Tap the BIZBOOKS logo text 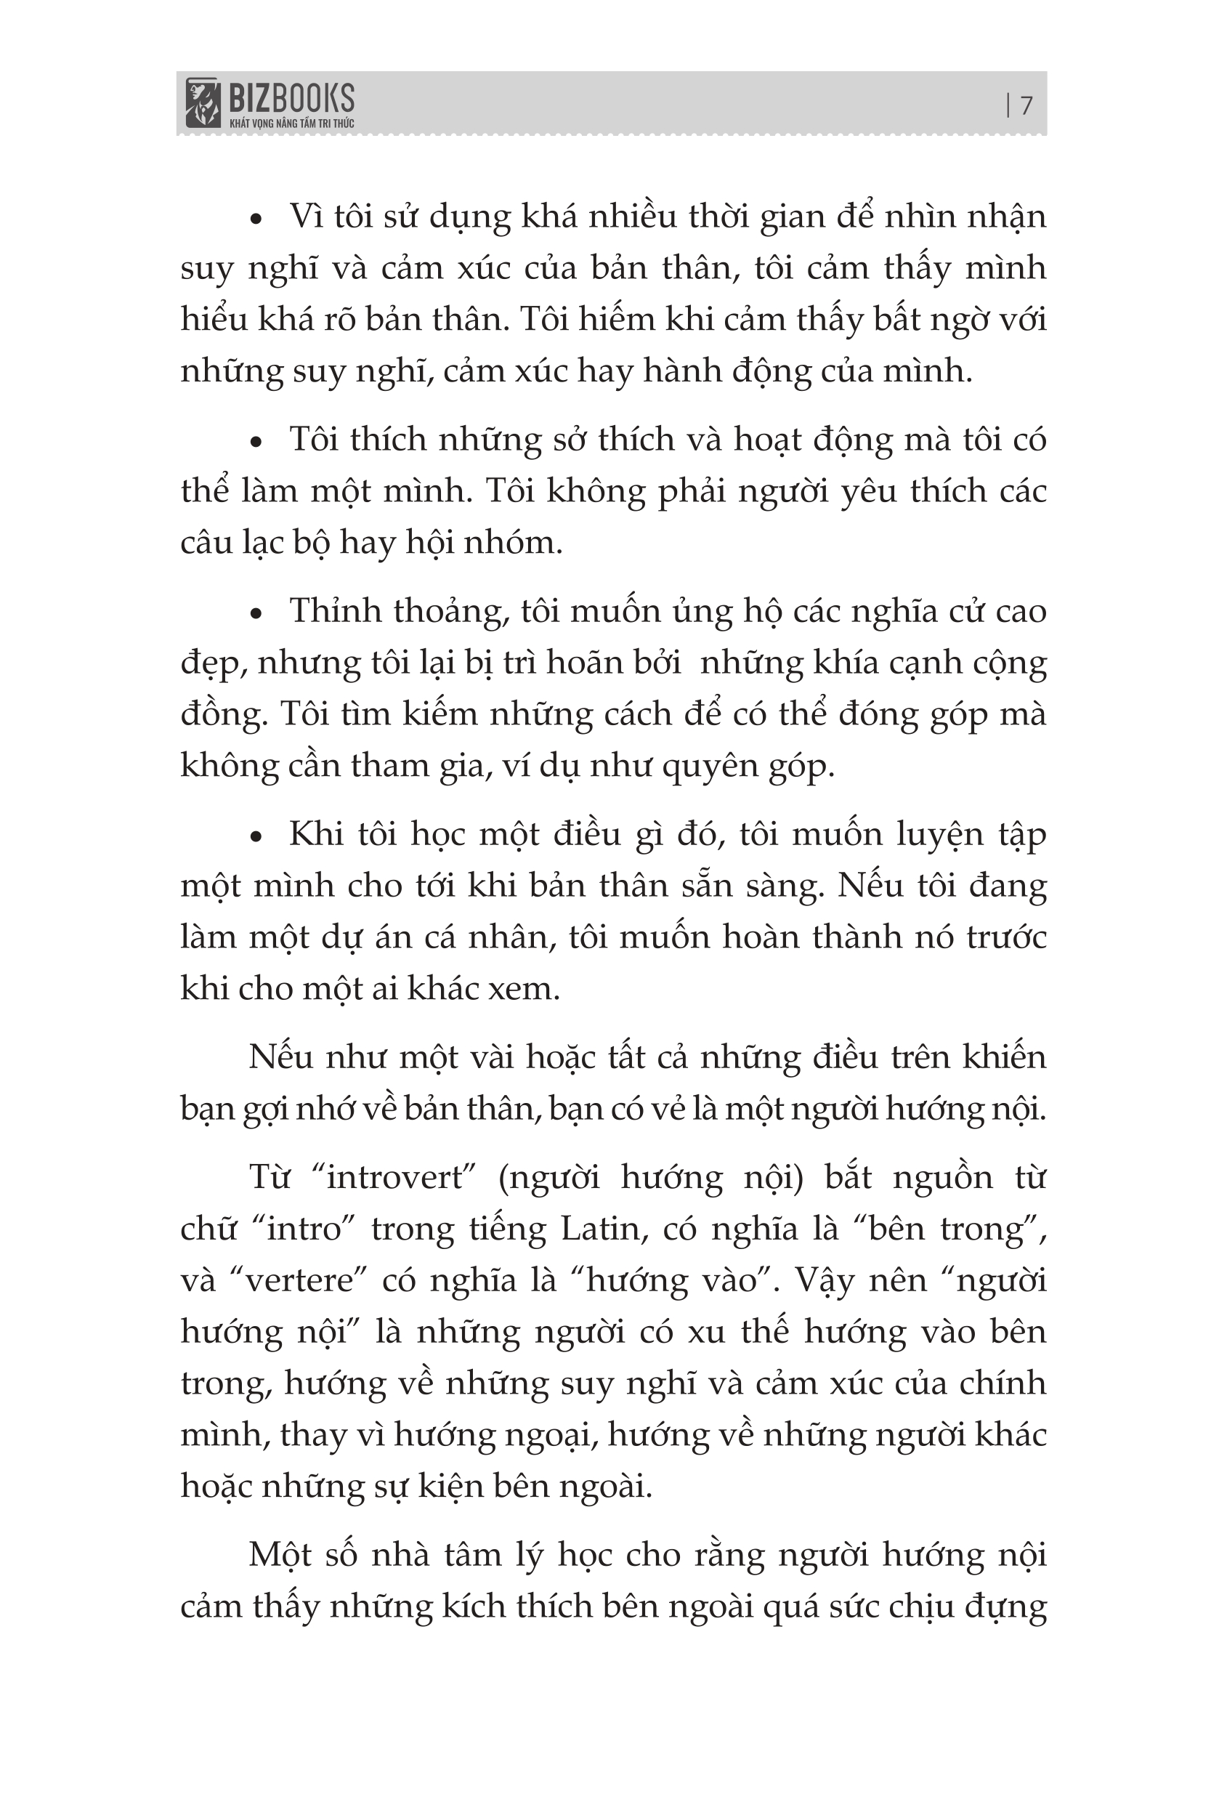pos(291,97)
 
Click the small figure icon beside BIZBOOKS pos(202,102)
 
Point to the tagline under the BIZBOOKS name pos(291,124)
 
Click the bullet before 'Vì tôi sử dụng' pos(257,220)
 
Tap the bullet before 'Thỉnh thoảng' pos(257,615)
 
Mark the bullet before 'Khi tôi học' pos(257,838)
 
